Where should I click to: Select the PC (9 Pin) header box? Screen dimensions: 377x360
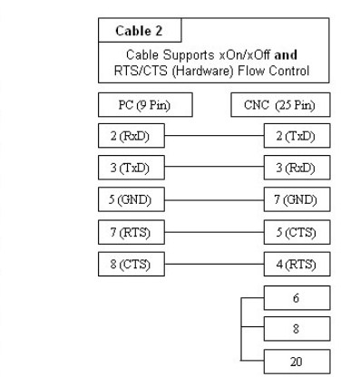tap(131, 105)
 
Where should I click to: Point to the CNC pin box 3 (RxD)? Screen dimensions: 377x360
tap(282, 169)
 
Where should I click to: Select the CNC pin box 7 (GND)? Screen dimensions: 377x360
tap(282, 199)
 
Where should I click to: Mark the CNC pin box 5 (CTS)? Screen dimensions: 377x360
tap(282, 231)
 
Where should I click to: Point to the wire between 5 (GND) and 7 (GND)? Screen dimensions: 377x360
tap(207, 199)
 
